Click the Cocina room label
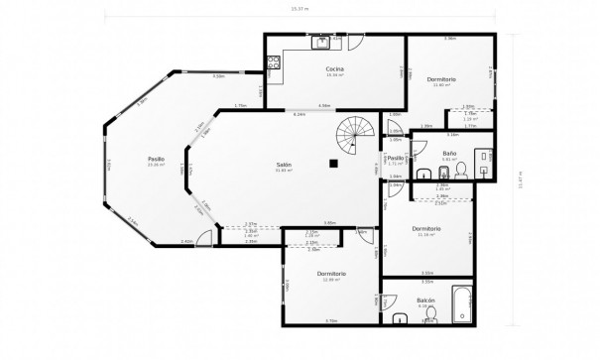pyautogui.click(x=334, y=68)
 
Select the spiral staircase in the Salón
pyautogui.click(x=354, y=129)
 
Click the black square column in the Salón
pyautogui.click(x=334, y=163)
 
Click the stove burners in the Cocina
pyautogui.click(x=274, y=64)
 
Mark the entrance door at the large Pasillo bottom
pyautogui.click(x=203, y=238)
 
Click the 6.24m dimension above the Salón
pyautogui.click(x=300, y=113)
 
